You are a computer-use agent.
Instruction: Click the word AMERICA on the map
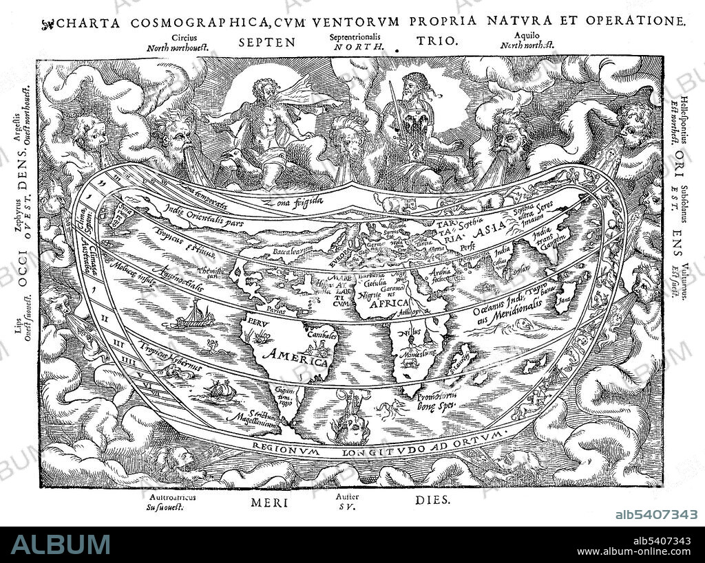tap(298, 357)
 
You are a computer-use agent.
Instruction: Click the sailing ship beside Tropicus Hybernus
tap(222, 390)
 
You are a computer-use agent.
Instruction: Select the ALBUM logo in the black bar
tap(60, 544)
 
